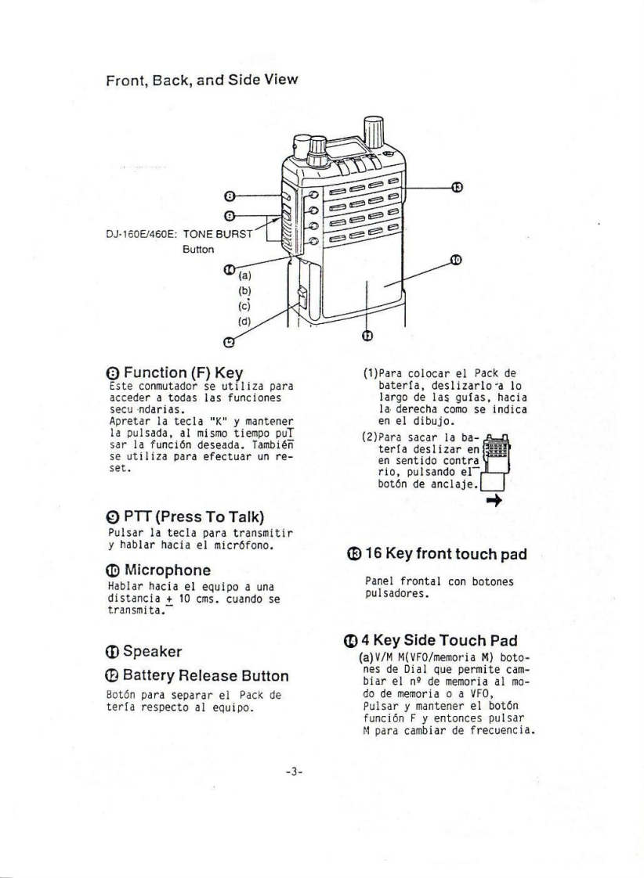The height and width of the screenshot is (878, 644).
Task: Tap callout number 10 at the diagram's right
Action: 454,260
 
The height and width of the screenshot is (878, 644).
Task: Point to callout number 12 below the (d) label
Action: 228,340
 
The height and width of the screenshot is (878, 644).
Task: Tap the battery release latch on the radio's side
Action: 303,298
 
